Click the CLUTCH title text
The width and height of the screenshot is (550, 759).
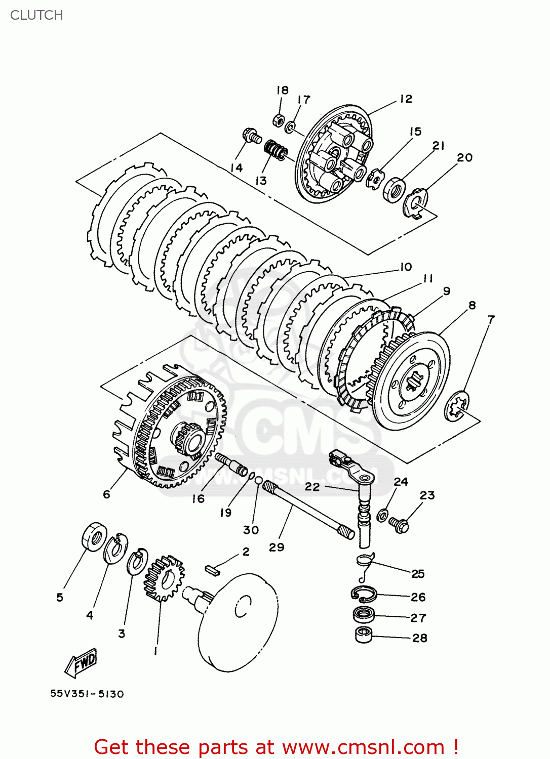[x=36, y=15]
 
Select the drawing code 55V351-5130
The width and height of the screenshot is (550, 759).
[x=87, y=694]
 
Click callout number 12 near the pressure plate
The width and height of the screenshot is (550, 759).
[x=406, y=99]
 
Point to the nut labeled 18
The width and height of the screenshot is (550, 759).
[x=278, y=120]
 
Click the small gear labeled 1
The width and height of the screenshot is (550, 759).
[x=164, y=578]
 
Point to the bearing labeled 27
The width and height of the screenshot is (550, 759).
[x=363, y=615]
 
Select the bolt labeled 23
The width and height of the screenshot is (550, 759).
[x=399, y=525]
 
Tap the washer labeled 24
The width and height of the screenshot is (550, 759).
[x=383, y=515]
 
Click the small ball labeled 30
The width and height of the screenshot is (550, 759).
[x=258, y=480]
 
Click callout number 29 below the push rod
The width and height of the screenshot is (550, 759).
[x=277, y=547]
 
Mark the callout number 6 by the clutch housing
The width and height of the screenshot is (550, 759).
[x=106, y=494]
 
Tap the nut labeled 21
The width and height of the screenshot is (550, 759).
[x=393, y=190]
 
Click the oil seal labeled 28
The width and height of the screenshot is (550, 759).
[x=363, y=635]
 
